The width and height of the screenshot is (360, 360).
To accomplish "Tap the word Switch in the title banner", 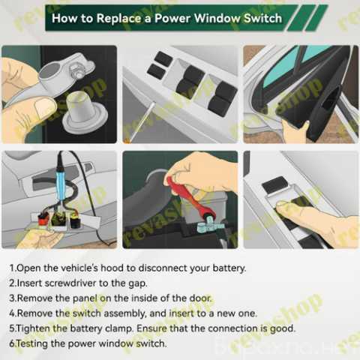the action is tap(262, 19).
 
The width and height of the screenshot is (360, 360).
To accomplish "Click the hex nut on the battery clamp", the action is tap(76, 70).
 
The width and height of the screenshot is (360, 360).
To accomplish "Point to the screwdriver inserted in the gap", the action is tap(139, 122).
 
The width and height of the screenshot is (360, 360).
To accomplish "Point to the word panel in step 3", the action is tap(85, 298).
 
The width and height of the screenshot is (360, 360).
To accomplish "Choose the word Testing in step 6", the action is tap(32, 343).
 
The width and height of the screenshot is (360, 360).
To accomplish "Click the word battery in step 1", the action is tap(229, 268).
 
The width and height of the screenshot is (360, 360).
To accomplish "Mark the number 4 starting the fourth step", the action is tap(12, 313).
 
